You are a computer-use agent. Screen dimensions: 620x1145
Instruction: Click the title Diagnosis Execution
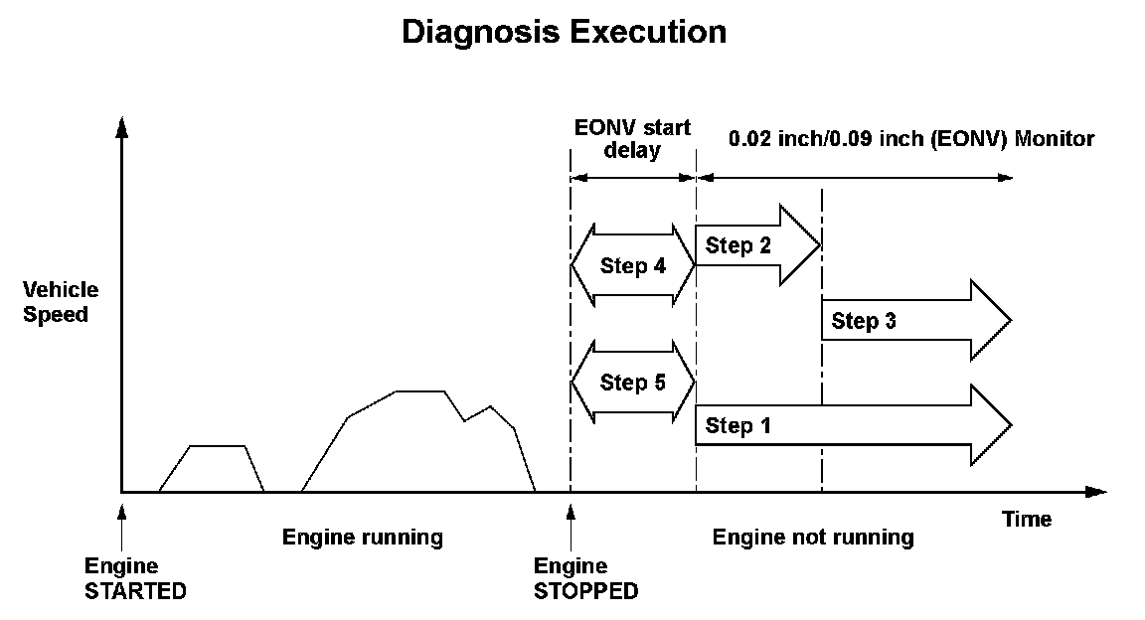click(x=564, y=32)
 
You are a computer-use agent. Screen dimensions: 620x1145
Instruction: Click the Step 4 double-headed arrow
click(x=632, y=266)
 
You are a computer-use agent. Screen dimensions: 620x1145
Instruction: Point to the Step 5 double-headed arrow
click(x=632, y=383)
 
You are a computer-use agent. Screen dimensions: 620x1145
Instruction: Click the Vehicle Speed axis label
click(x=62, y=302)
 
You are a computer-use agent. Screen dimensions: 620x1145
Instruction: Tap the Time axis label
click(x=1026, y=519)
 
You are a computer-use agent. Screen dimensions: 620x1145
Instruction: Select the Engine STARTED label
click(x=135, y=578)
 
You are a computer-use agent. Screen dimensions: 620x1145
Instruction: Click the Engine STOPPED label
click(x=585, y=578)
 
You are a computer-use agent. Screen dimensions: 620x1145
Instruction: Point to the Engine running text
click(x=362, y=538)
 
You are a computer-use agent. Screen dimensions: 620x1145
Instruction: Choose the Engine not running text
click(x=813, y=538)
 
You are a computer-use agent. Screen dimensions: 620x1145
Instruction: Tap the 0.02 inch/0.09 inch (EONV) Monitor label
click(x=910, y=139)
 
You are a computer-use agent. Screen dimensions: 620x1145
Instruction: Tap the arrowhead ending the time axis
click(x=1095, y=492)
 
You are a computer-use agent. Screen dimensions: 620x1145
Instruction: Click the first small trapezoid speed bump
click(x=212, y=469)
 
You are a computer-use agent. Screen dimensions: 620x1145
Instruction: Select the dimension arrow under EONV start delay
click(x=632, y=177)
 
